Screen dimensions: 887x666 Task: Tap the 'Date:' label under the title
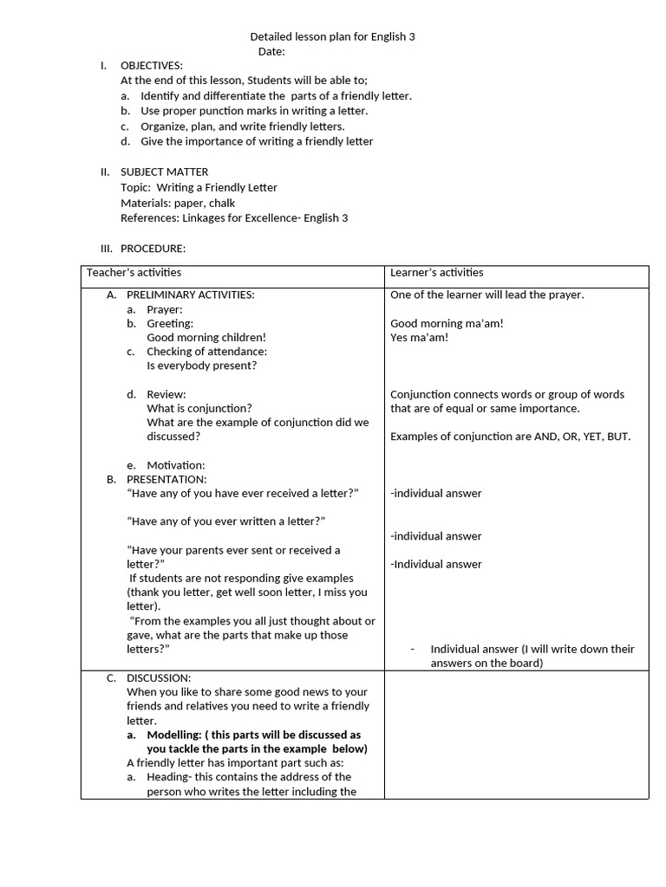pyautogui.click(x=271, y=52)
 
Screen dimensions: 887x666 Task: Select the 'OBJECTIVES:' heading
pyautogui.click(x=151, y=66)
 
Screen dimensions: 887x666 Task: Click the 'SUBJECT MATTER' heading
pyautogui.click(x=164, y=172)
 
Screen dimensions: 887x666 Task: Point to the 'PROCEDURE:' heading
pyautogui.click(x=153, y=249)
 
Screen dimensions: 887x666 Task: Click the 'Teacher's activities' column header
pyautogui.click(x=134, y=273)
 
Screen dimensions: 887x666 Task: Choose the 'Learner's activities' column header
pyautogui.click(x=437, y=273)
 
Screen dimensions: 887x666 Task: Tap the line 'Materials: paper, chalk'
pyautogui.click(x=178, y=204)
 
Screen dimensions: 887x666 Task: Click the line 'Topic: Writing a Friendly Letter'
pyautogui.click(x=199, y=188)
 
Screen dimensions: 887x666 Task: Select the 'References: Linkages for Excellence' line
pyautogui.click(x=234, y=218)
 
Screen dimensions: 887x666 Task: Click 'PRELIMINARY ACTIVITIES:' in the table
pyautogui.click(x=191, y=295)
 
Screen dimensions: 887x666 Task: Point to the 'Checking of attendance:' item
pyautogui.click(x=206, y=352)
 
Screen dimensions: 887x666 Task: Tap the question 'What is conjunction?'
pyautogui.click(x=199, y=408)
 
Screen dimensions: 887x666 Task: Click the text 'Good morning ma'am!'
pyautogui.click(x=447, y=324)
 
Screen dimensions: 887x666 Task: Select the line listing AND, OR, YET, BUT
pyautogui.click(x=511, y=437)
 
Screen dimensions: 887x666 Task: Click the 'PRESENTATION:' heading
pyautogui.click(x=166, y=479)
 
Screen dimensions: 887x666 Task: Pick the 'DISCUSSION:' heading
pyautogui.click(x=159, y=678)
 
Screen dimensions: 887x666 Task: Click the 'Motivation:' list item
pyautogui.click(x=176, y=465)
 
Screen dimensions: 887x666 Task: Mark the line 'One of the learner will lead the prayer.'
pyautogui.click(x=487, y=295)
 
